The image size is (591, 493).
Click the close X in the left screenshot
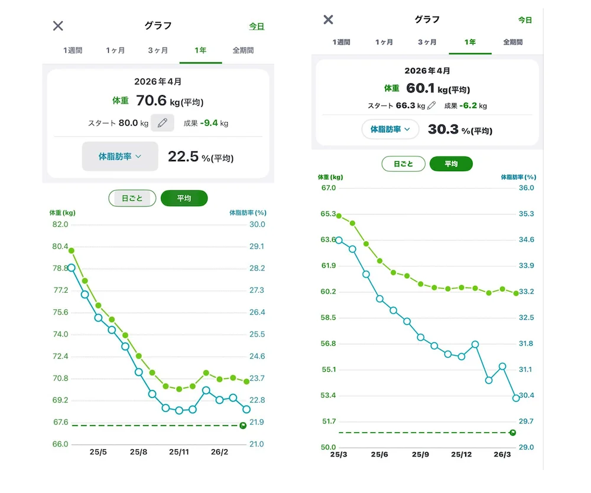[x=58, y=26]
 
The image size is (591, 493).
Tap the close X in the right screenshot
[x=328, y=19]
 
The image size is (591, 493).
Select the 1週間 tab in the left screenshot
[x=73, y=50]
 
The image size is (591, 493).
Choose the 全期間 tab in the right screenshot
[x=512, y=42]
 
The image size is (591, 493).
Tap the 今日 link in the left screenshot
[x=256, y=27]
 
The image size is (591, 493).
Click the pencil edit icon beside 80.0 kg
[x=163, y=123]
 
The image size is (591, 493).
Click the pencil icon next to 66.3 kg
[x=431, y=106]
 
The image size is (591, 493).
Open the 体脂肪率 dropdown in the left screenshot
[x=120, y=156]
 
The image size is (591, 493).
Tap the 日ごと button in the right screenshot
[x=403, y=164]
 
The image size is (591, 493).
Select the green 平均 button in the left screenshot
[x=184, y=198]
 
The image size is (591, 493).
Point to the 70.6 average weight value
[x=151, y=100]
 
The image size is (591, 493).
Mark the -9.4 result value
[x=209, y=123]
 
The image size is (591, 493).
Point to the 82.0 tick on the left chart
[x=60, y=224]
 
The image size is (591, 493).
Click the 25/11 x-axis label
[x=179, y=452]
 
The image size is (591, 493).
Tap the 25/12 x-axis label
[x=462, y=455]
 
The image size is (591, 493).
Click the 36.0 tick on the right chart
[x=527, y=188]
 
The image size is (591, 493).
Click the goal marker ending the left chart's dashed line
[x=243, y=426]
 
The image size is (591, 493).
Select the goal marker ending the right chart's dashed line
[x=512, y=433]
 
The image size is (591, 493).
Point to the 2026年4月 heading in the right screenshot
[x=427, y=71]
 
